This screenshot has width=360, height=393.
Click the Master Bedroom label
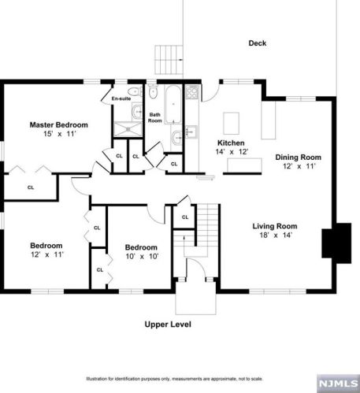click(x=59, y=124)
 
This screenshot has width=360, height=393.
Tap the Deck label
click(x=258, y=43)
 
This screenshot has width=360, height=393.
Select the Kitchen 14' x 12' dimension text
click(x=232, y=152)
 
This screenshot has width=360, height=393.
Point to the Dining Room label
click(x=298, y=158)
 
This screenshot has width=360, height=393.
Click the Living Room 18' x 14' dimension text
click(x=276, y=235)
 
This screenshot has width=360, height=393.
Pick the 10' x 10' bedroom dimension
click(x=142, y=256)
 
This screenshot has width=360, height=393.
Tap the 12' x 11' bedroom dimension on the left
click(x=47, y=254)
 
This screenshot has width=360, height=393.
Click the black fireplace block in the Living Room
click(x=336, y=243)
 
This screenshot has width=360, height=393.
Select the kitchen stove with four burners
click(x=192, y=92)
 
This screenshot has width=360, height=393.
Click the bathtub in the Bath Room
click(x=173, y=104)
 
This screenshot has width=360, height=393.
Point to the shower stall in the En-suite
click(x=128, y=129)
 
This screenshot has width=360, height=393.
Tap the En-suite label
click(x=121, y=98)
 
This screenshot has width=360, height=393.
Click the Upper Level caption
click(x=168, y=324)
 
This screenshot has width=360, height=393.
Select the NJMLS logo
click(x=338, y=384)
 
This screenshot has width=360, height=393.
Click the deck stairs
click(x=169, y=60)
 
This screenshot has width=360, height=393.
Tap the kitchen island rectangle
click(x=231, y=124)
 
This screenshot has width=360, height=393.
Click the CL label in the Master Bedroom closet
click(x=31, y=187)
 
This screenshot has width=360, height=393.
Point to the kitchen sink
click(x=191, y=132)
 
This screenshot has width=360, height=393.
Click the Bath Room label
click(x=155, y=117)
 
